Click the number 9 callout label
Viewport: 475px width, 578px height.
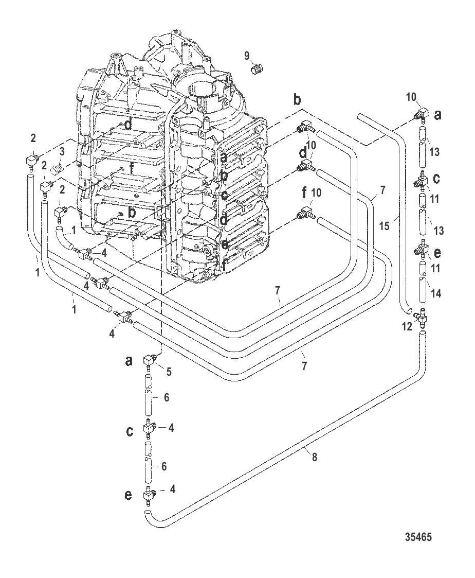point(247,55)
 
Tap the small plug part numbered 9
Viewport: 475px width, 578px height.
point(259,68)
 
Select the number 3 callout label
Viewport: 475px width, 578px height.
point(61,152)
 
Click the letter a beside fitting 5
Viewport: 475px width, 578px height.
point(129,361)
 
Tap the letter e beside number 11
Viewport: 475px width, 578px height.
point(437,252)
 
